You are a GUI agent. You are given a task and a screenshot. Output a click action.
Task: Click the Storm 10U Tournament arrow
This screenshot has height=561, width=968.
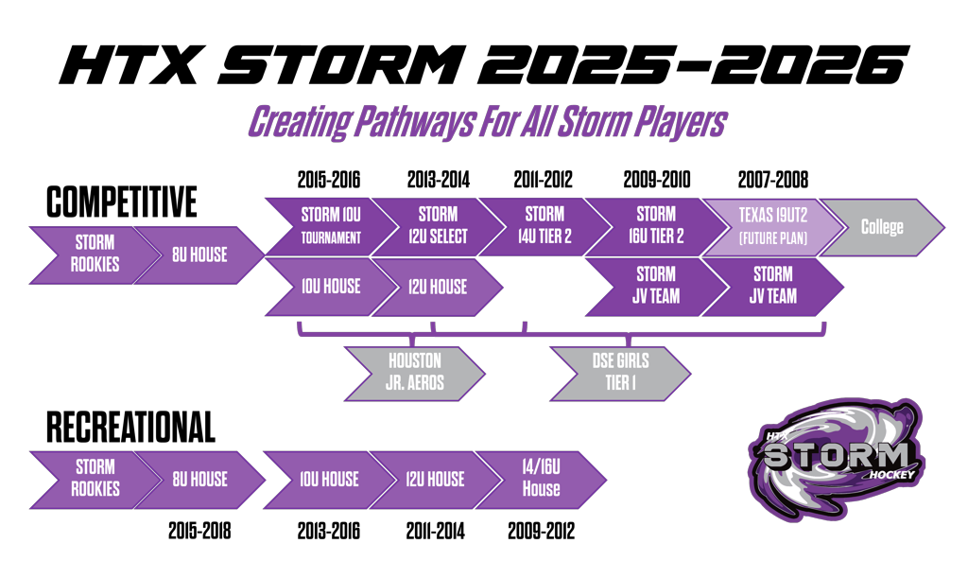click(331, 226)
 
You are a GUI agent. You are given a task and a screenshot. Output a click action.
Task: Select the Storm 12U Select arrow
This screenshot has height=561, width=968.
click(438, 226)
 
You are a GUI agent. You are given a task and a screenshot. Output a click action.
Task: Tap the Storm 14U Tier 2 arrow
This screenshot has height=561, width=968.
click(544, 226)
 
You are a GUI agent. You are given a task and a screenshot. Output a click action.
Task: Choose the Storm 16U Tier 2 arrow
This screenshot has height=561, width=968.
click(655, 226)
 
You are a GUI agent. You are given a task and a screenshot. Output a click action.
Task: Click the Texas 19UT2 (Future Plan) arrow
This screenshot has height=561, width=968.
click(772, 226)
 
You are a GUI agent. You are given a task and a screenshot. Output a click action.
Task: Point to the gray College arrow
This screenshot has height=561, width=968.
click(881, 227)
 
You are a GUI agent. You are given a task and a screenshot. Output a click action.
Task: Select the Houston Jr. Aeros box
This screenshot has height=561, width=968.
click(414, 373)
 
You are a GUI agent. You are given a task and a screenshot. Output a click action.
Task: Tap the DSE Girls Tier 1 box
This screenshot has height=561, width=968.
click(620, 373)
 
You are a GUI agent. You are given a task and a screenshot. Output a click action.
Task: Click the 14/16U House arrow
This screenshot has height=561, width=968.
click(541, 480)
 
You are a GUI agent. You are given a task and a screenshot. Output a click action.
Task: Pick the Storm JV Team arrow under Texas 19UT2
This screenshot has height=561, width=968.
click(772, 286)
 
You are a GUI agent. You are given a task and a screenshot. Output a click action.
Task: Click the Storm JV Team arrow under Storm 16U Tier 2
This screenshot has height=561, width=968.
click(655, 286)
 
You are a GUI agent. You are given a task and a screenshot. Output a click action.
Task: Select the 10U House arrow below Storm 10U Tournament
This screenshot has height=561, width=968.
click(331, 287)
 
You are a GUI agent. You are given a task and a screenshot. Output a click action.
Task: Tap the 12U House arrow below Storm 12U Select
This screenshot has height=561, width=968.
click(438, 287)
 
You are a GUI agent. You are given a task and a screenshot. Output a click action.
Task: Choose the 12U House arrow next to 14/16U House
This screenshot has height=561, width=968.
click(435, 480)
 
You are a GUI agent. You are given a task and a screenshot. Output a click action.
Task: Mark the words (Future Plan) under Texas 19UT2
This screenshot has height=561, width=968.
click(772, 238)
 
